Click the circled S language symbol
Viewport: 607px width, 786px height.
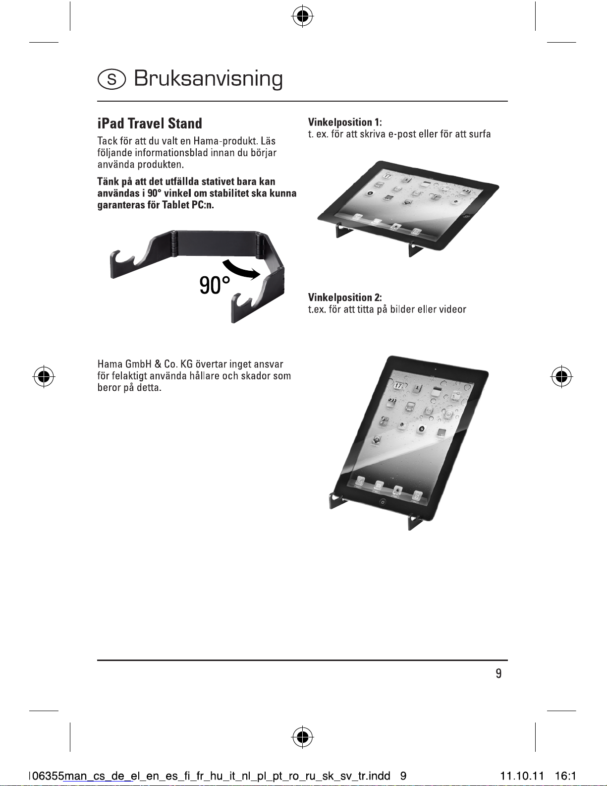click(x=111, y=79)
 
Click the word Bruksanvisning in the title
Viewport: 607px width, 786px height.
click(x=208, y=79)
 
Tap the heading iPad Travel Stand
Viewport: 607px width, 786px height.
click(x=150, y=123)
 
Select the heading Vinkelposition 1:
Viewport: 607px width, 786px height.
click(x=345, y=122)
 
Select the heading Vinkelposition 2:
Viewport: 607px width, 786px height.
click(x=345, y=298)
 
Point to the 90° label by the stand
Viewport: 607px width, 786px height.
click(x=215, y=285)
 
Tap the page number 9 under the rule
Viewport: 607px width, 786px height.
click(x=498, y=673)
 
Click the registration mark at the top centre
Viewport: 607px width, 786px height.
click(x=303, y=16)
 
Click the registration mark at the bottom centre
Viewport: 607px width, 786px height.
click(x=303, y=737)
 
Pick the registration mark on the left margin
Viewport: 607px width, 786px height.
click(x=44, y=376)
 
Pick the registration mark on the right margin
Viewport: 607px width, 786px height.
click(x=561, y=376)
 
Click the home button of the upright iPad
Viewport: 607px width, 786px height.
click(x=383, y=502)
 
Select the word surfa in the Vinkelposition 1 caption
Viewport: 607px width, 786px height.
click(x=480, y=134)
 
